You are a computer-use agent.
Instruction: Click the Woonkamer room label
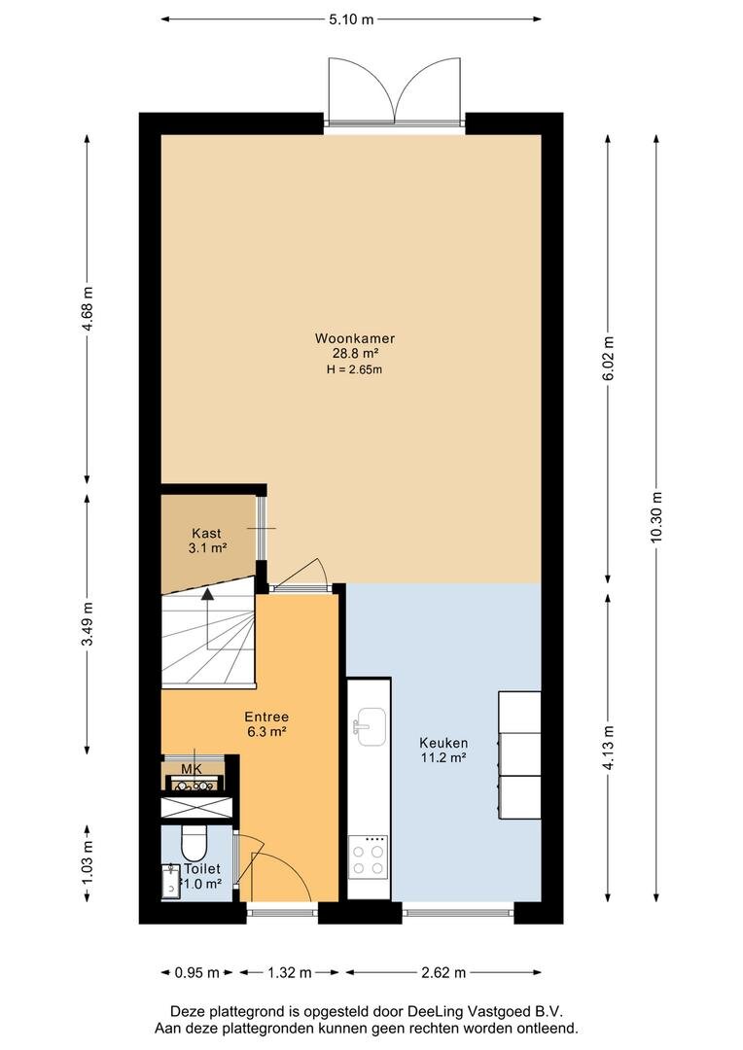[x=354, y=339]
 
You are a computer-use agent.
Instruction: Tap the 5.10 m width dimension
[x=351, y=19]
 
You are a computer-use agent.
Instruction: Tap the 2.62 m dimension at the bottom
[x=442, y=972]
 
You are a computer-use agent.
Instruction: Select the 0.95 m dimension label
[x=197, y=972]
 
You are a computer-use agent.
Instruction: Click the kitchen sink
[x=371, y=726]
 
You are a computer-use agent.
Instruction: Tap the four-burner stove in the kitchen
[x=368, y=857]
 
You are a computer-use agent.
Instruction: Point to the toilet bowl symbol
[x=195, y=843]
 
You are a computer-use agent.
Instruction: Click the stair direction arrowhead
[x=208, y=593]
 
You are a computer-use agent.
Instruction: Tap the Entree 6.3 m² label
[x=266, y=724]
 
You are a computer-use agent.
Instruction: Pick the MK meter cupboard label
[x=192, y=770]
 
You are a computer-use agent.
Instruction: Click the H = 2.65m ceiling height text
[x=354, y=369]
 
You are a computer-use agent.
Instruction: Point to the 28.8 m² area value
[x=356, y=354]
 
